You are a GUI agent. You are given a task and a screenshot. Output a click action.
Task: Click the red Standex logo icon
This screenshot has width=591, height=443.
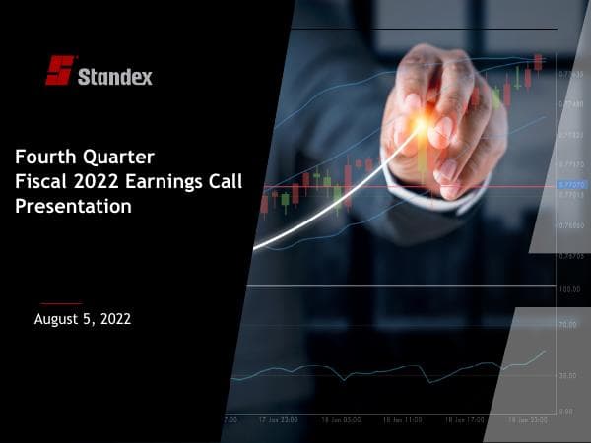pyautogui.click(x=59, y=70)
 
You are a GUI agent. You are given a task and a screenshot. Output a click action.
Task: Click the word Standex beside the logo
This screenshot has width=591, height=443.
pyautogui.click(x=115, y=76)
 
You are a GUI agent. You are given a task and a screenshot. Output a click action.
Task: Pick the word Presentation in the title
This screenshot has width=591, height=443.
pyautogui.click(x=74, y=207)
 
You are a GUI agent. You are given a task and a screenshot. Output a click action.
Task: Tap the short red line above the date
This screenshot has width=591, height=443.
pyautogui.click(x=61, y=303)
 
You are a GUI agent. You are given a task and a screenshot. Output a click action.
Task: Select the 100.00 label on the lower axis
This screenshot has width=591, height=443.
pyautogui.click(x=569, y=289)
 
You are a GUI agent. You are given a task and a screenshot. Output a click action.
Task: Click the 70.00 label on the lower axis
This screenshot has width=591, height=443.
pyautogui.click(x=567, y=324)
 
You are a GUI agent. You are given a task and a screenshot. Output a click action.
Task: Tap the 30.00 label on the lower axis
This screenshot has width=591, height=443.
pyautogui.click(x=567, y=376)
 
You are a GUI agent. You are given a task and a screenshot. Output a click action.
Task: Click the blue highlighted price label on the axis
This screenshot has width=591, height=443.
pyautogui.click(x=571, y=184)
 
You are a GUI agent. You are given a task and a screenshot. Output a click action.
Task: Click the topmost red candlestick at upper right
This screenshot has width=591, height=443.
pyautogui.click(x=538, y=62)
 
